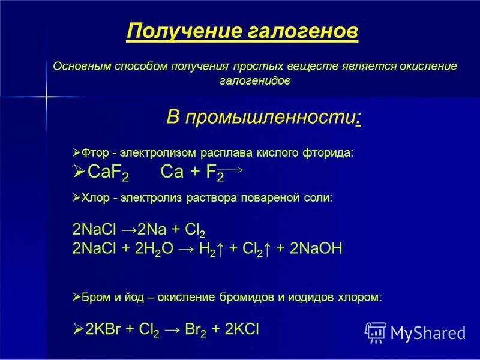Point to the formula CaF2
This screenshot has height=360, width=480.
[x=108, y=173]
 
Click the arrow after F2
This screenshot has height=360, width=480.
[x=233, y=170]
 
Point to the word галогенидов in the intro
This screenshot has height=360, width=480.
[x=255, y=80]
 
